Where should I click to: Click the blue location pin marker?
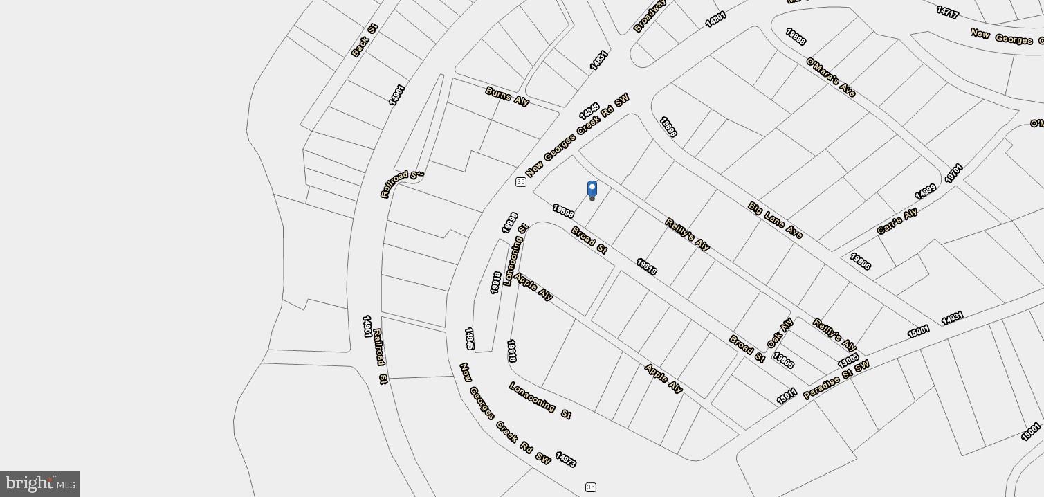pyautogui.click(x=592, y=189)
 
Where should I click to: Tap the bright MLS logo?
pyautogui.click(x=39, y=483)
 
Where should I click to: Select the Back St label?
pyautogui.click(x=365, y=41)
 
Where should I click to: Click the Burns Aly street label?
pyautogui.click(x=507, y=96)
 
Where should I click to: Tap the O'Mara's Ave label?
pyautogui.click(x=831, y=77)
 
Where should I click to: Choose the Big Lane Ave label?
pyautogui.click(x=775, y=220)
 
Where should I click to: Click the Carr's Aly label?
pyautogui.click(x=897, y=221)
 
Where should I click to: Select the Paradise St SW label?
pyautogui.click(x=836, y=379)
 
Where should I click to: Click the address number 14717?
pyautogui.click(x=947, y=12)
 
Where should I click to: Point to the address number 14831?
pyautogui.click(x=598, y=60)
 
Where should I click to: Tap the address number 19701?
pyautogui.click(x=953, y=173)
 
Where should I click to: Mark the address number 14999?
pyautogui.click(x=925, y=192)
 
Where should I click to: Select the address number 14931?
pyautogui.click(x=952, y=318)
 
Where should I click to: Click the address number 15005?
pyautogui.click(x=848, y=361)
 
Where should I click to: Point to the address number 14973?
pyautogui.click(x=565, y=459)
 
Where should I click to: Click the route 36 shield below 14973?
pyautogui.click(x=590, y=487)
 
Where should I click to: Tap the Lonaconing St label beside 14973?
pyautogui.click(x=540, y=400)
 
